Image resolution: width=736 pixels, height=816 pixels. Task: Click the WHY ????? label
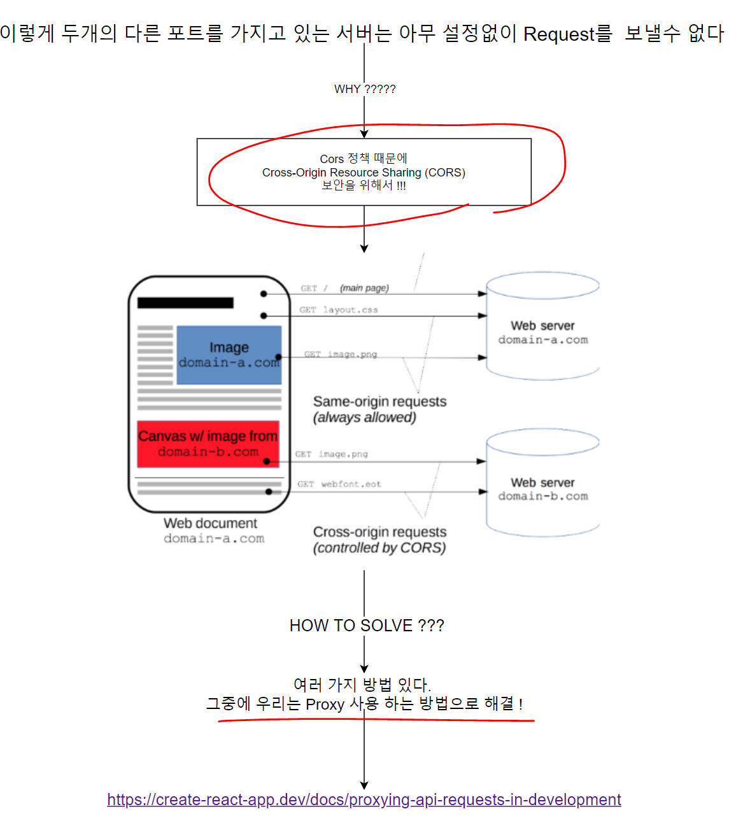(x=365, y=89)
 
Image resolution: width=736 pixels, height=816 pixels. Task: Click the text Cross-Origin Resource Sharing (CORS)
(x=364, y=173)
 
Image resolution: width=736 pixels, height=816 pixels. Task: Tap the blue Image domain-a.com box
(x=229, y=355)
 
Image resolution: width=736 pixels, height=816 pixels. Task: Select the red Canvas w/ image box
(x=208, y=443)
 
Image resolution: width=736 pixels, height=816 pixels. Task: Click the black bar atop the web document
(x=185, y=303)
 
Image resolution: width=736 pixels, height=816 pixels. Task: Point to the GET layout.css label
(x=339, y=310)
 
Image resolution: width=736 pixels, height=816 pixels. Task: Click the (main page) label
(x=364, y=288)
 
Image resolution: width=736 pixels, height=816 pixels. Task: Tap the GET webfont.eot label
(x=339, y=484)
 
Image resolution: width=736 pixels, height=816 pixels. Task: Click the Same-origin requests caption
(x=379, y=402)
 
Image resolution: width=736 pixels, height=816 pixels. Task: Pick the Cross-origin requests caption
(x=379, y=532)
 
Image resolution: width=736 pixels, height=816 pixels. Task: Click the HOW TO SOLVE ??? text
(x=367, y=626)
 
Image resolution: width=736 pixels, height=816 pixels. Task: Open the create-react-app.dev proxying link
(x=364, y=800)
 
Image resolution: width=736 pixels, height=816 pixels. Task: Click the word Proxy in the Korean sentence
(x=325, y=705)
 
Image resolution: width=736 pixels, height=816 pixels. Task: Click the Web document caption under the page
(x=211, y=524)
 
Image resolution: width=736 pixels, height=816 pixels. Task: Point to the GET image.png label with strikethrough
(x=341, y=354)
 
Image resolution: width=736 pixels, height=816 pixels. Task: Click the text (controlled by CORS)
(x=379, y=548)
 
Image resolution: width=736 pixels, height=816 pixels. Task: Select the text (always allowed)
(x=364, y=418)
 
